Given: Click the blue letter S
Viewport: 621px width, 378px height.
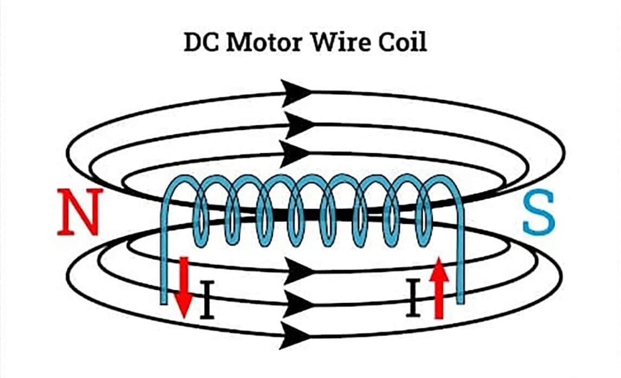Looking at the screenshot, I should pos(539,214).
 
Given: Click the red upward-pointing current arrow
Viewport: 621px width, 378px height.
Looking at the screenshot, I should pos(439,287).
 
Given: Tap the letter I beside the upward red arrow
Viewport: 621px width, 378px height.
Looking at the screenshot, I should pos(413,299).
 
